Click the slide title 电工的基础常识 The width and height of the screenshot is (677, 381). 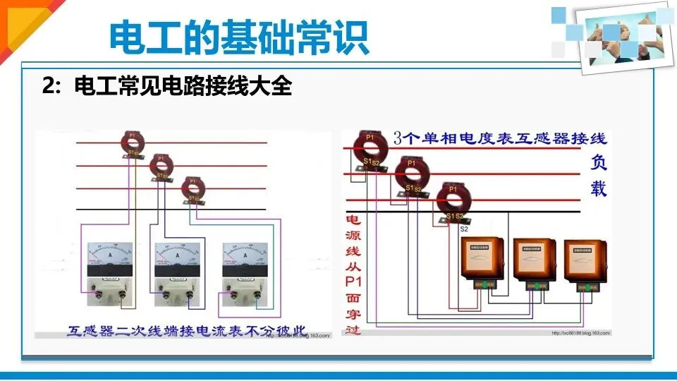click(239, 38)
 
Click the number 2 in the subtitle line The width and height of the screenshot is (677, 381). click(48, 87)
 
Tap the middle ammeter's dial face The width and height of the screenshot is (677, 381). click(176, 254)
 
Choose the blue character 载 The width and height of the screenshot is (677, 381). click(598, 189)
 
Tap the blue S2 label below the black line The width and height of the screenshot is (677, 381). click(464, 229)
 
